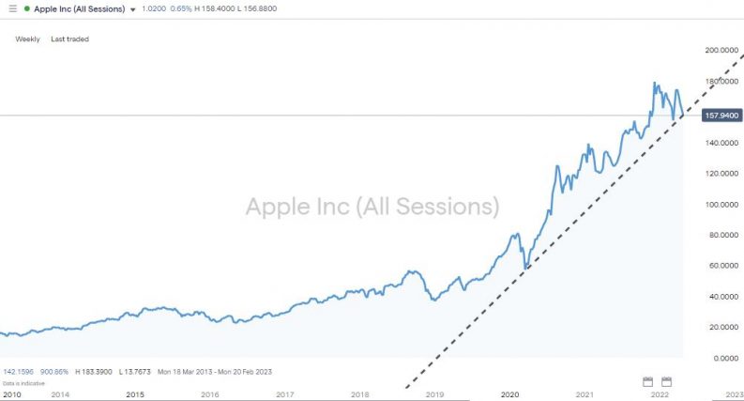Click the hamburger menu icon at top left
point(12,8)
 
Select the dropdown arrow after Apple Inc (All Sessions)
point(133,9)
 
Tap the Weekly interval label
point(28,39)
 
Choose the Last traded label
point(70,39)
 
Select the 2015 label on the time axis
point(135,394)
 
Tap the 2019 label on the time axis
point(434,394)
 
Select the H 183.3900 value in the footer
point(92,372)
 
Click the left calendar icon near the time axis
point(647,381)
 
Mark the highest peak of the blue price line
point(654,83)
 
